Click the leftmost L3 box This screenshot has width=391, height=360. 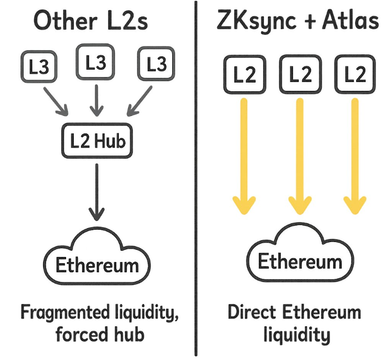pyautogui.click(x=38, y=67)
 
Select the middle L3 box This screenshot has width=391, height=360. pyautogui.click(x=96, y=62)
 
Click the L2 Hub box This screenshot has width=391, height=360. pyautogui.click(x=97, y=141)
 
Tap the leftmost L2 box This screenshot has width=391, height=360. pyautogui.click(x=244, y=75)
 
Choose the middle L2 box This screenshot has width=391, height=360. pyautogui.click(x=300, y=75)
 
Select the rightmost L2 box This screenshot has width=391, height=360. pyautogui.click(x=355, y=75)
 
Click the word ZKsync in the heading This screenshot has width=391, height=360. pyautogui.click(x=256, y=22)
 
